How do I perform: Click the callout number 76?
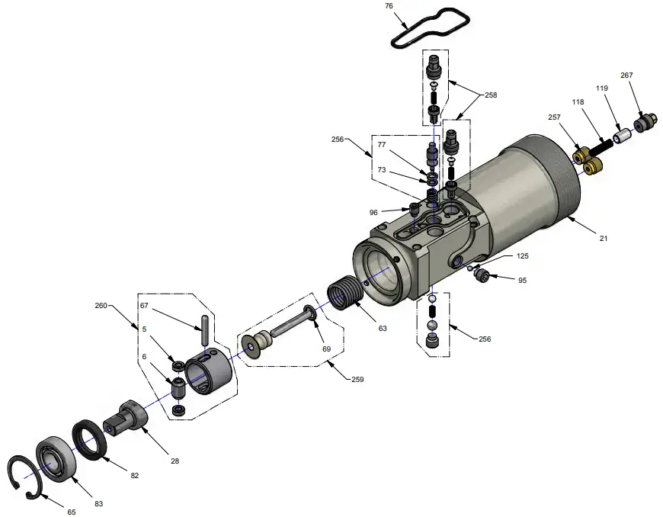389,7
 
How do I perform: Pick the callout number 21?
604,239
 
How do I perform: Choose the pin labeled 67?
205,329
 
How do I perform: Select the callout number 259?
358,379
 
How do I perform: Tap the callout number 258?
490,95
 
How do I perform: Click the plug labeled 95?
482,275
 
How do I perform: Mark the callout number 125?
522,256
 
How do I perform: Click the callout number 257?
554,117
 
